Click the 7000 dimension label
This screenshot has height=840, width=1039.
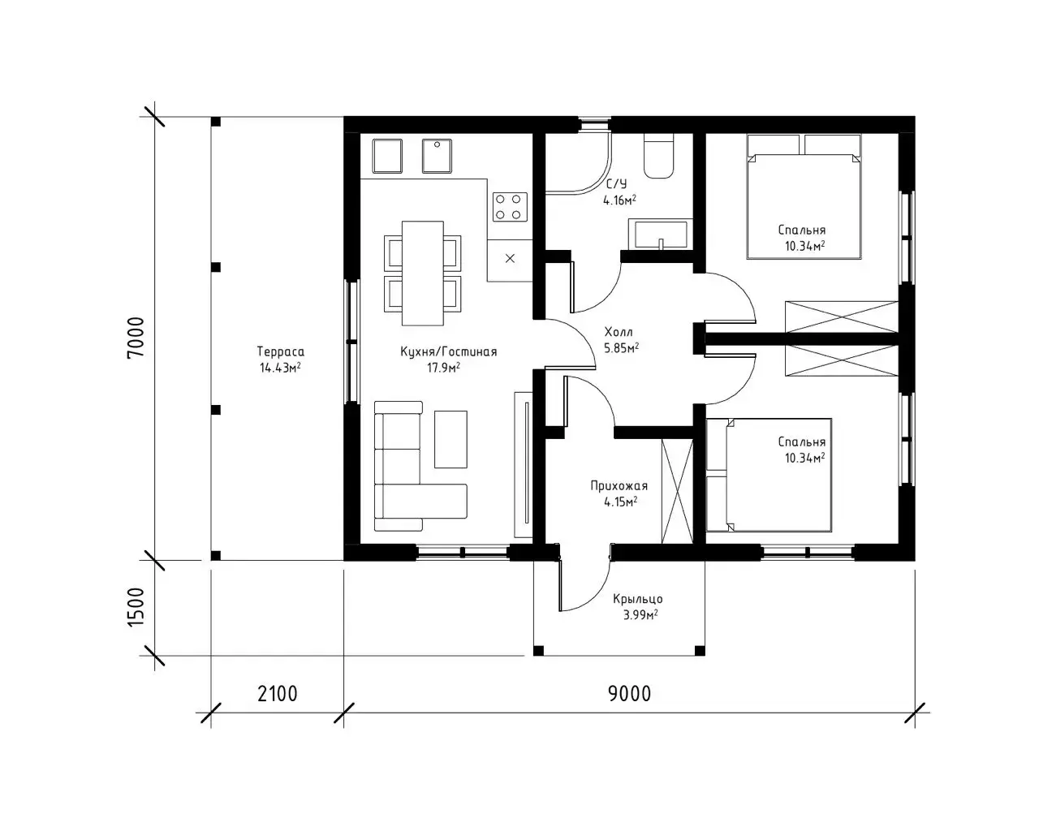(136, 337)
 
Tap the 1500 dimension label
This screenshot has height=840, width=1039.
(136, 607)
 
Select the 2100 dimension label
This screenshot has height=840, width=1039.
(277, 693)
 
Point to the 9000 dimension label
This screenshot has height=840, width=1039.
(629, 693)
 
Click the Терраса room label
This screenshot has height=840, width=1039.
(281, 351)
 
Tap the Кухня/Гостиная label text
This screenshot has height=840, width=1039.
(448, 351)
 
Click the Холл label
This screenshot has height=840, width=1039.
(619, 332)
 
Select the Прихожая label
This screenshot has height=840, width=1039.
(619, 485)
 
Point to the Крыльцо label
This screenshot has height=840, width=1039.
(637, 599)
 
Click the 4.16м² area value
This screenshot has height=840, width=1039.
(619, 200)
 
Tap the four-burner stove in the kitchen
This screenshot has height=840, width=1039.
(510, 207)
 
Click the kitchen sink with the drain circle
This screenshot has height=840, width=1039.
(437, 156)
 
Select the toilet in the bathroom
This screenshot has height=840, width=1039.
(658, 156)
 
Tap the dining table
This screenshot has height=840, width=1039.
(422, 274)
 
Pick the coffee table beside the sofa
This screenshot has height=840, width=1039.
(451, 439)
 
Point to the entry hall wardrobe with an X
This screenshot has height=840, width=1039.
(677, 491)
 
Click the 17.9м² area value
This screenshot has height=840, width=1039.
(443, 368)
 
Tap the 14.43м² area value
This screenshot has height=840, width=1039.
(280, 368)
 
